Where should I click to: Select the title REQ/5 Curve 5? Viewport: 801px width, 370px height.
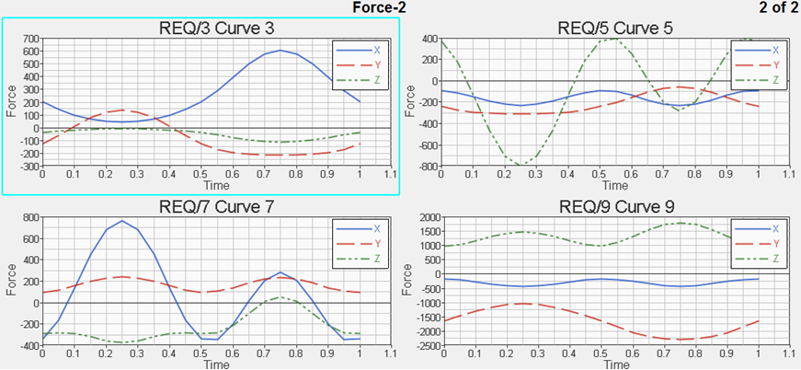[615, 28]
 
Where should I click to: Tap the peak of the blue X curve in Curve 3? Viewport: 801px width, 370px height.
[280, 51]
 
